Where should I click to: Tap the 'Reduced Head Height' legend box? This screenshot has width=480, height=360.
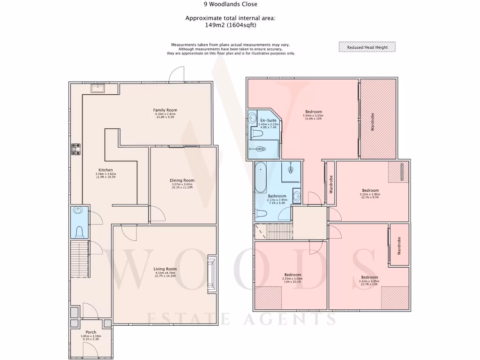(x=367, y=47)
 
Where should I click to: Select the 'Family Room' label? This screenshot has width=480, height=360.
(x=165, y=110)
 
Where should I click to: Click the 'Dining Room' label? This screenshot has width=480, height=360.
(x=182, y=180)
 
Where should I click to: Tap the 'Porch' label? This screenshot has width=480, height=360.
(x=90, y=332)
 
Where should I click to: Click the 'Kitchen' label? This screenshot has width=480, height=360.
(x=105, y=170)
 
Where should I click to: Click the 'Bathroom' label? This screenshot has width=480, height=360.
(x=277, y=196)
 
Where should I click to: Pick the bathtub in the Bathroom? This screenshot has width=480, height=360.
(x=261, y=178)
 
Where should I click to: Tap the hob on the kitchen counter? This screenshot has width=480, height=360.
(x=76, y=150)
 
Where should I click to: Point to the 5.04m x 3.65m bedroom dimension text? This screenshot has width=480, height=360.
(x=314, y=116)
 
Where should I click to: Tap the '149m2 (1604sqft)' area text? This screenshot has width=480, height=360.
(x=230, y=25)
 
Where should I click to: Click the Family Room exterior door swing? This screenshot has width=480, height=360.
(x=177, y=74)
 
